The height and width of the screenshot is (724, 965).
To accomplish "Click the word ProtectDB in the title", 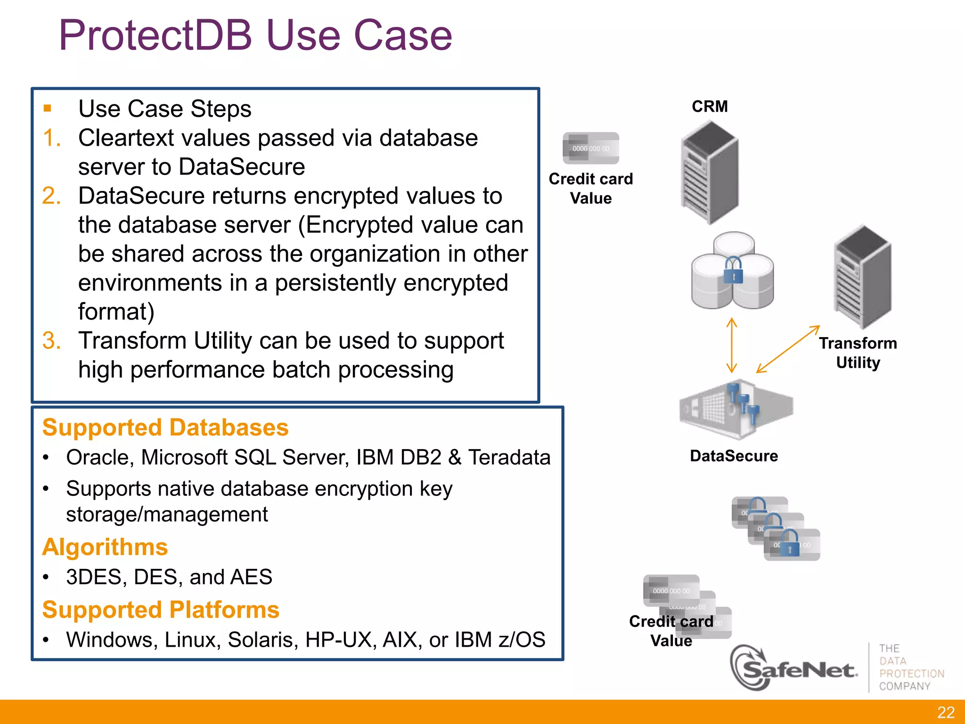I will [x=155, y=35].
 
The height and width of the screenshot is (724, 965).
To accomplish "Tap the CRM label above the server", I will [x=710, y=107].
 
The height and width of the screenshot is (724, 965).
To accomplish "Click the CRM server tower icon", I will [x=709, y=172].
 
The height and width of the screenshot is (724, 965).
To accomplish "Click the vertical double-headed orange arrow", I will [x=731, y=345].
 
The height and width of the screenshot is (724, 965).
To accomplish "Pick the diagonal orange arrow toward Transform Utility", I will [x=788, y=349].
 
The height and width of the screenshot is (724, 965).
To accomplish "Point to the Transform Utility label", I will [x=858, y=353].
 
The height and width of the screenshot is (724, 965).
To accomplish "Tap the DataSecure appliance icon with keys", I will [x=735, y=409].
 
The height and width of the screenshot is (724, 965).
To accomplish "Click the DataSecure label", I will [x=734, y=456].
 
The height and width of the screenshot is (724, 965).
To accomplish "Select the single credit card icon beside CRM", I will [x=591, y=148].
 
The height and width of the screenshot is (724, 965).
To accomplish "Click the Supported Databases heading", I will [x=165, y=428].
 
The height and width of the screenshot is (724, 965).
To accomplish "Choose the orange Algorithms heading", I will [x=105, y=547].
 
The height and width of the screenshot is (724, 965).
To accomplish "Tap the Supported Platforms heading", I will [x=161, y=609].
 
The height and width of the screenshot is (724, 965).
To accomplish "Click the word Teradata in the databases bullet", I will [x=509, y=457].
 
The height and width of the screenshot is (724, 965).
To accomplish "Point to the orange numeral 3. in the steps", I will [x=51, y=340].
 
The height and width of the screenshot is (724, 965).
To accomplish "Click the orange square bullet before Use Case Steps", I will [x=47, y=108].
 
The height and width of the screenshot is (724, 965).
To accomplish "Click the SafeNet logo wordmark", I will [x=796, y=669].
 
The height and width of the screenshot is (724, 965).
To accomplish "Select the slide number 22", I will [x=946, y=712].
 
